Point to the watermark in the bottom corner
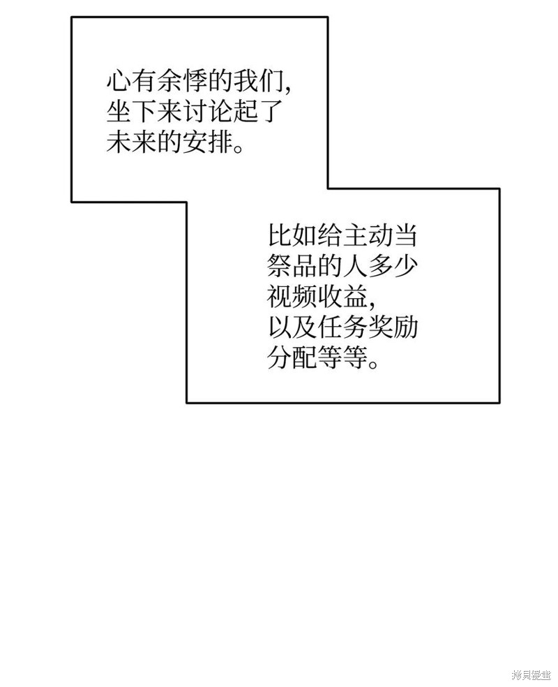pyautogui.click(x=531, y=675)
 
